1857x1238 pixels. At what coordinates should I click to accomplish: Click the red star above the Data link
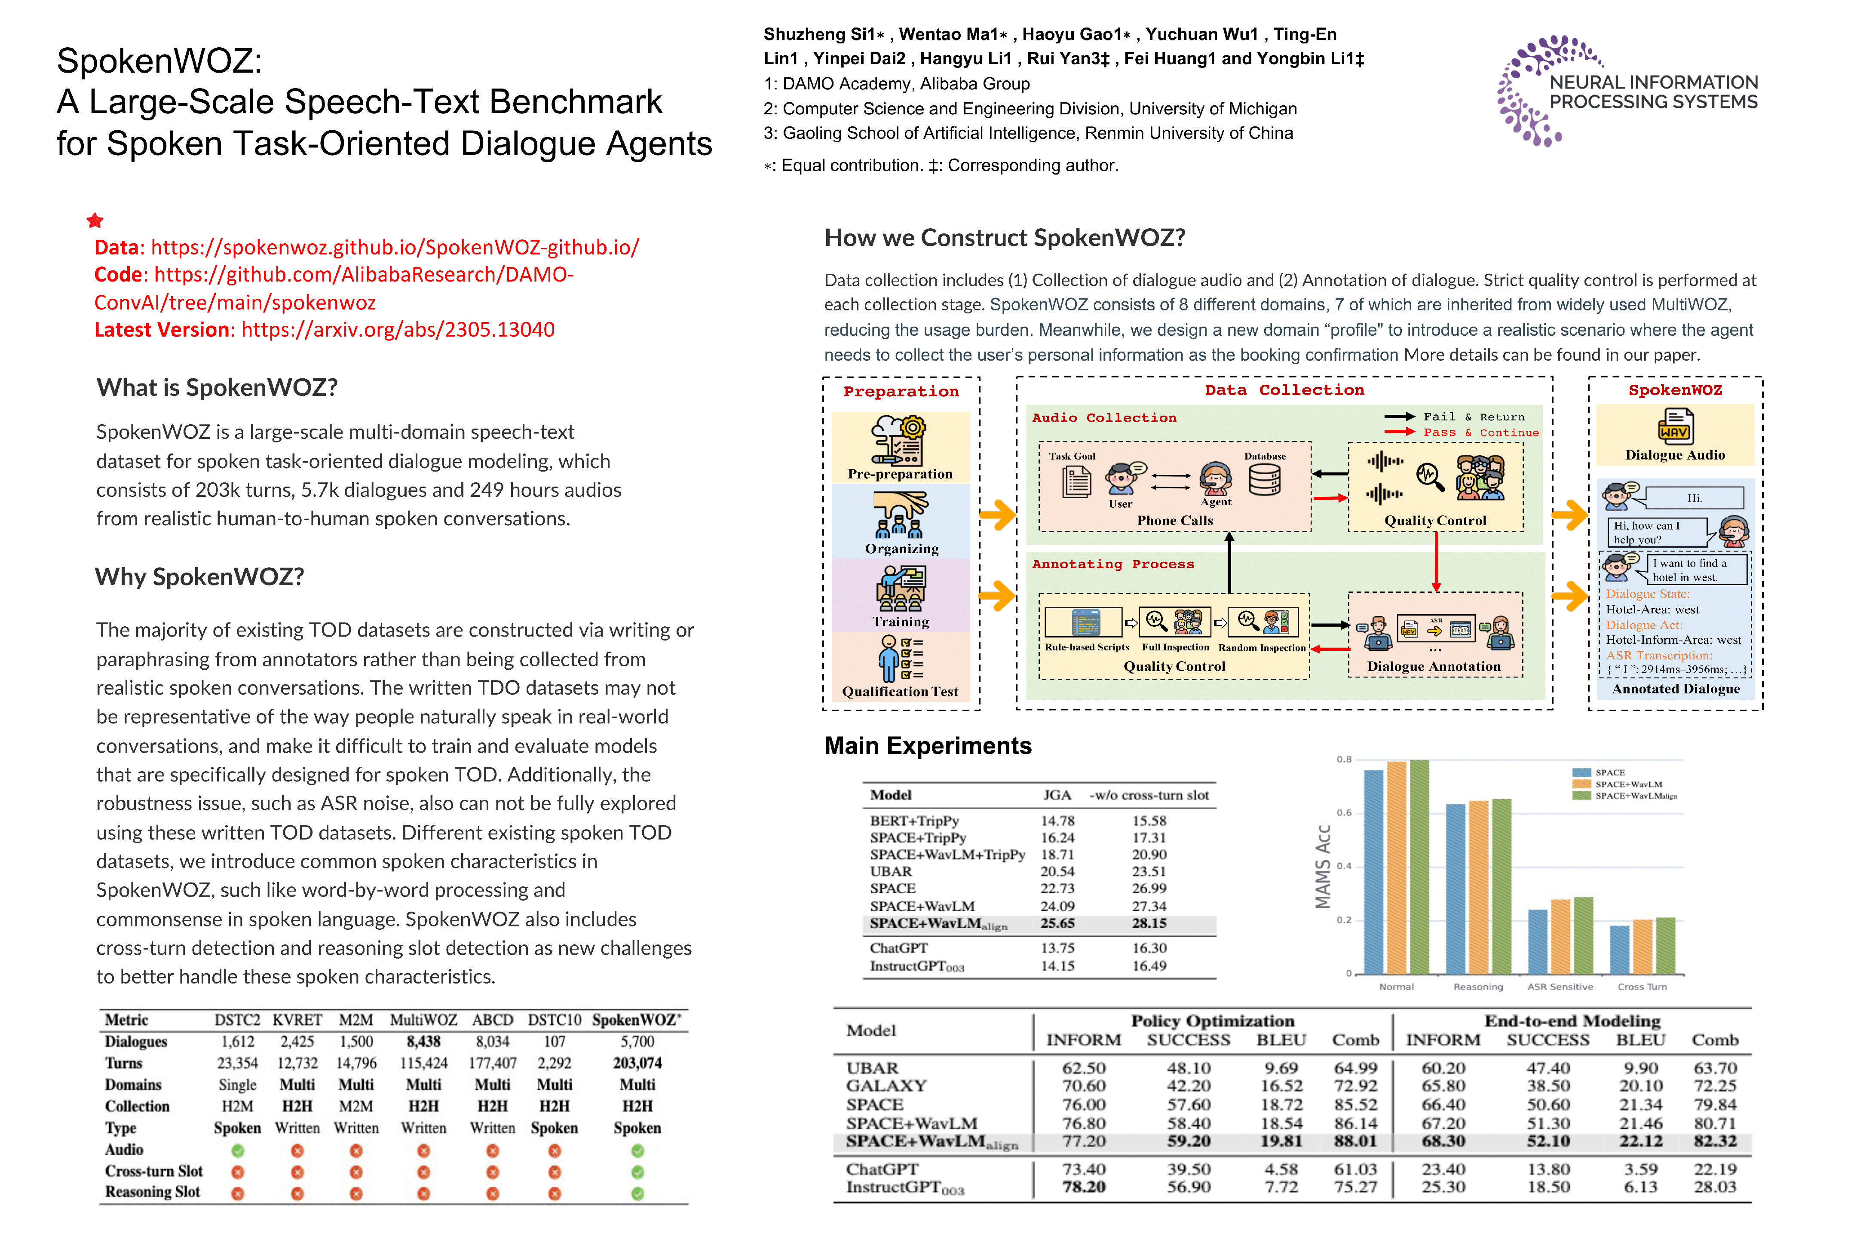click(95, 220)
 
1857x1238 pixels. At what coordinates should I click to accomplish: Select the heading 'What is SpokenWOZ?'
click(217, 388)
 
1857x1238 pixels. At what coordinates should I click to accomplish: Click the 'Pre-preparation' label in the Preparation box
click(900, 474)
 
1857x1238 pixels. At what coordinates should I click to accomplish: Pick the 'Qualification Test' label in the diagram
click(900, 692)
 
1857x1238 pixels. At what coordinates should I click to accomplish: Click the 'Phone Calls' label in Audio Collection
click(1175, 520)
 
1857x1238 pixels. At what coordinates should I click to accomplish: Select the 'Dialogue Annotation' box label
click(1434, 666)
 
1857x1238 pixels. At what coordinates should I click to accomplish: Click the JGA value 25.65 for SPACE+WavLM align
click(1057, 923)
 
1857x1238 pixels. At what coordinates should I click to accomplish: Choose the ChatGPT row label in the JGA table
click(898, 947)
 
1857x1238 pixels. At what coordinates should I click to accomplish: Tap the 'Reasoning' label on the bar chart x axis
click(1478, 987)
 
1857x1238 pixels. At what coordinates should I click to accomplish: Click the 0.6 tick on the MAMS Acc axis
click(1344, 812)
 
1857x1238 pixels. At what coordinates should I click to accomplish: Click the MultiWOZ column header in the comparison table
click(423, 1020)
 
